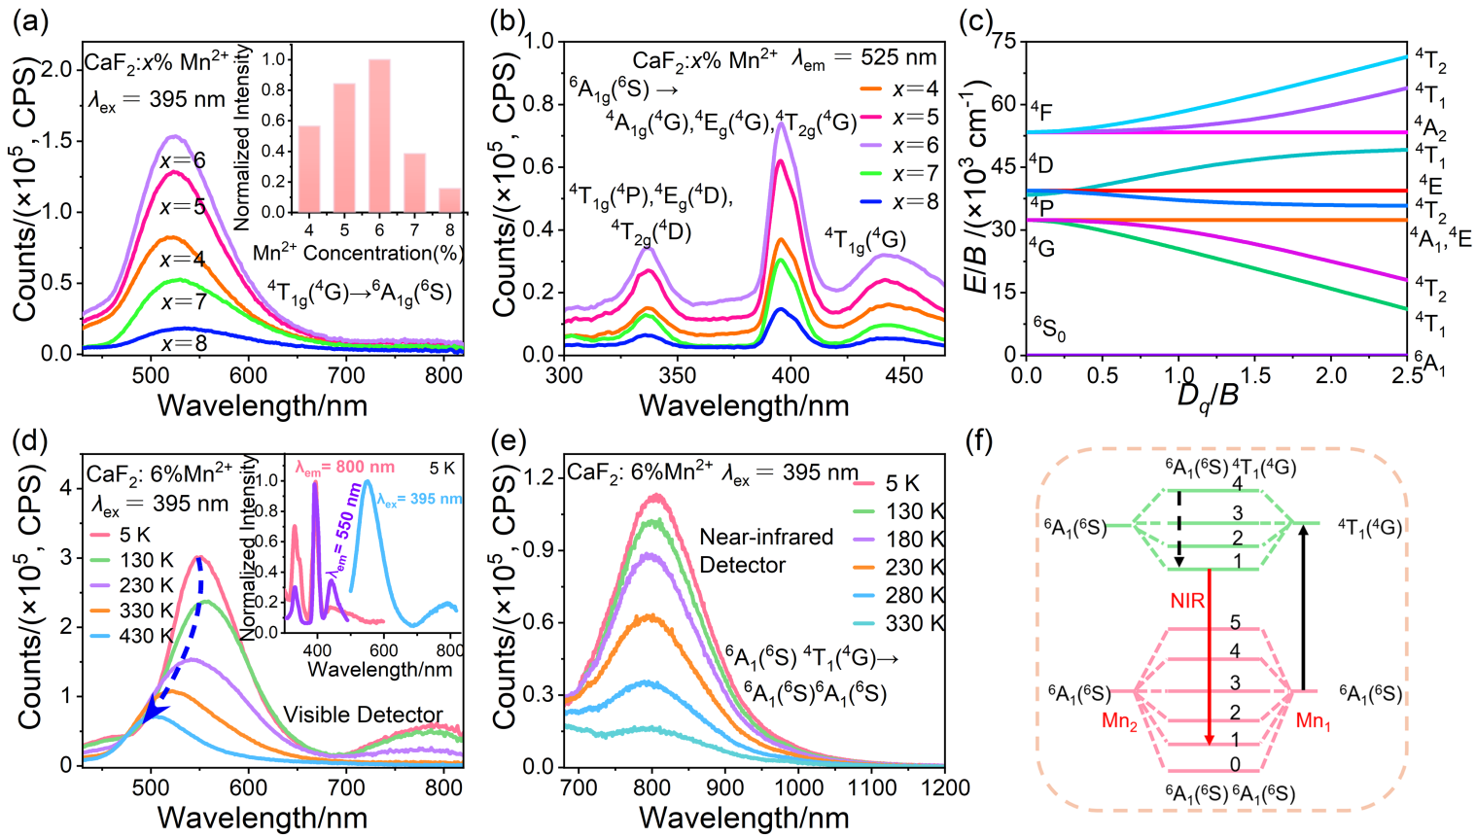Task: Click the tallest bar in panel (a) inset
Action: pos(379,135)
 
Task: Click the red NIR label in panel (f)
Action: pos(1188,602)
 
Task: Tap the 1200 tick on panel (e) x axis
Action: pos(943,786)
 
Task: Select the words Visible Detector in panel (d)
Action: pos(363,716)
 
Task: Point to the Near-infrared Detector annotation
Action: pos(766,550)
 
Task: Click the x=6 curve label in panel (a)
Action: pos(183,159)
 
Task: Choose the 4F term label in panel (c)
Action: pos(1040,111)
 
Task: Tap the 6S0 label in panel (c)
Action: pos(1049,329)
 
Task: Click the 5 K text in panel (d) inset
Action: pos(441,469)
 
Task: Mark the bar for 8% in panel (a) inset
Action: pos(449,199)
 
